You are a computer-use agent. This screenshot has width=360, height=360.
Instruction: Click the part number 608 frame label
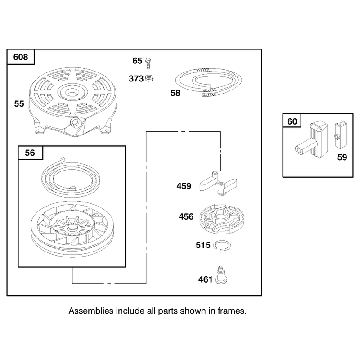click(x=21, y=57)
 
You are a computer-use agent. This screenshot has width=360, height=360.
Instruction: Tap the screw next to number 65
click(x=148, y=63)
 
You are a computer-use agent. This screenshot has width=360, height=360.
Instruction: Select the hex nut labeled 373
click(x=149, y=78)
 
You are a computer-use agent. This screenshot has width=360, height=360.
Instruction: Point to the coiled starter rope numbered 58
click(x=209, y=82)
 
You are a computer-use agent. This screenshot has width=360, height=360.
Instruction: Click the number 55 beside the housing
click(x=19, y=104)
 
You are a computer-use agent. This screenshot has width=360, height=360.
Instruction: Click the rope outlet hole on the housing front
click(x=75, y=121)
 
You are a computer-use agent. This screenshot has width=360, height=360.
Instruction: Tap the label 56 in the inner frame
click(x=30, y=153)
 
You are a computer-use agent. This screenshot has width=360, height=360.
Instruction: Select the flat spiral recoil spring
click(x=71, y=178)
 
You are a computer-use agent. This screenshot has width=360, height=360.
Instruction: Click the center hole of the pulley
click(x=72, y=228)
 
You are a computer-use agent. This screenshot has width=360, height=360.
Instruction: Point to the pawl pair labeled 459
click(x=218, y=183)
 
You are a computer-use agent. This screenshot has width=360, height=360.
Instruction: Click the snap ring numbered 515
click(x=222, y=245)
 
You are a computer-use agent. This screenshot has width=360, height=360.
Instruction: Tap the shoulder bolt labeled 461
click(x=221, y=275)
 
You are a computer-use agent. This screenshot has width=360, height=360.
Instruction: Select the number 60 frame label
click(x=292, y=121)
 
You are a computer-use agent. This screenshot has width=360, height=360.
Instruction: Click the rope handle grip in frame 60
click(x=312, y=140)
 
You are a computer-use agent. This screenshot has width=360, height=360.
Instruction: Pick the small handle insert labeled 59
click(x=341, y=134)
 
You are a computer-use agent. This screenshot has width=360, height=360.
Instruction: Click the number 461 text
click(x=206, y=279)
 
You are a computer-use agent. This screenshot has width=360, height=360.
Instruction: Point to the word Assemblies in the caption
click(x=91, y=311)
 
